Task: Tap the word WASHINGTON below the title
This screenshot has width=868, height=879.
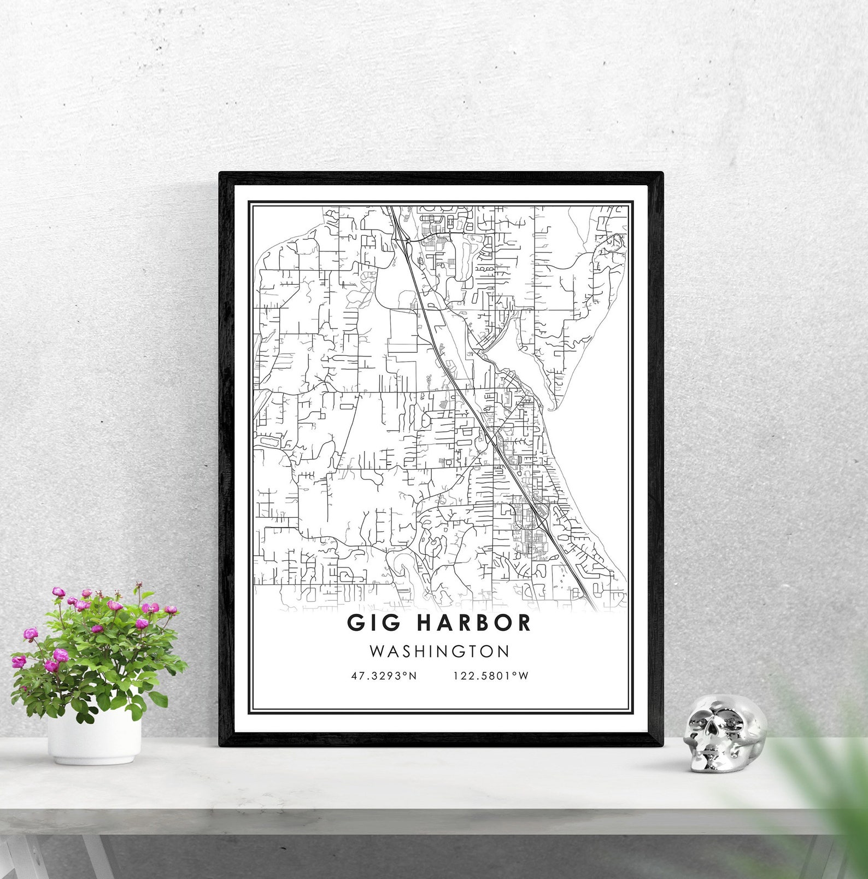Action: click(x=439, y=652)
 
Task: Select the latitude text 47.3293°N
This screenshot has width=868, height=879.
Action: click(x=384, y=676)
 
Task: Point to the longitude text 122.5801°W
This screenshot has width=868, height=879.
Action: click(x=491, y=676)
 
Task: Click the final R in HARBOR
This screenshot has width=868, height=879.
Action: click(x=524, y=622)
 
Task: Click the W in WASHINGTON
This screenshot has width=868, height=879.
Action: click(x=377, y=652)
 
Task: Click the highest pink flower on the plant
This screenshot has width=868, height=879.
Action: click(x=139, y=588)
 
